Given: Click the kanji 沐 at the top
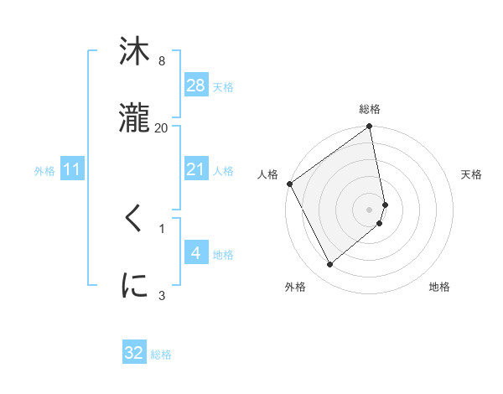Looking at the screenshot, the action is pos(134,52).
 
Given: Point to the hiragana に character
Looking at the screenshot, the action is pos(134,285).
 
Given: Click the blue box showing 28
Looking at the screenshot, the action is pos(195,86).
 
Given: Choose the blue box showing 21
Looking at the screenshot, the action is pos(195,170).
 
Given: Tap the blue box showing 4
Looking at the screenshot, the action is pos(195,254).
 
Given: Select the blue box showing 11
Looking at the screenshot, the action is pos(72,170).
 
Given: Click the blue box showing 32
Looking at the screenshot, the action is pos(134,353).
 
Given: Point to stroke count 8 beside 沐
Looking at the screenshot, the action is pos(162,61).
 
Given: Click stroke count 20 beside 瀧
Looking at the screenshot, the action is pos(162,127).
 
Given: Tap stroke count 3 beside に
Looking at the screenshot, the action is pos(162,294).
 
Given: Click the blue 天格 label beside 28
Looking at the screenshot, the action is pos(223,86).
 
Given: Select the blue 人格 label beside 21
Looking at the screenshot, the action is pos(223,171).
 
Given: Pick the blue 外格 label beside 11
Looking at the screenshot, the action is pos(44,171).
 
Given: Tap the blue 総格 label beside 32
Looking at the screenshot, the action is pos(161,354).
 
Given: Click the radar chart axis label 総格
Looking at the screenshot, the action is pos(370,109).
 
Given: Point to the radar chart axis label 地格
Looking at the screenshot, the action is pos(439,287).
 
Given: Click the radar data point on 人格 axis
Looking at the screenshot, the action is pos(290,184).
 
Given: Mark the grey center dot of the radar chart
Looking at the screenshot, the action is pos(370,208).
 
